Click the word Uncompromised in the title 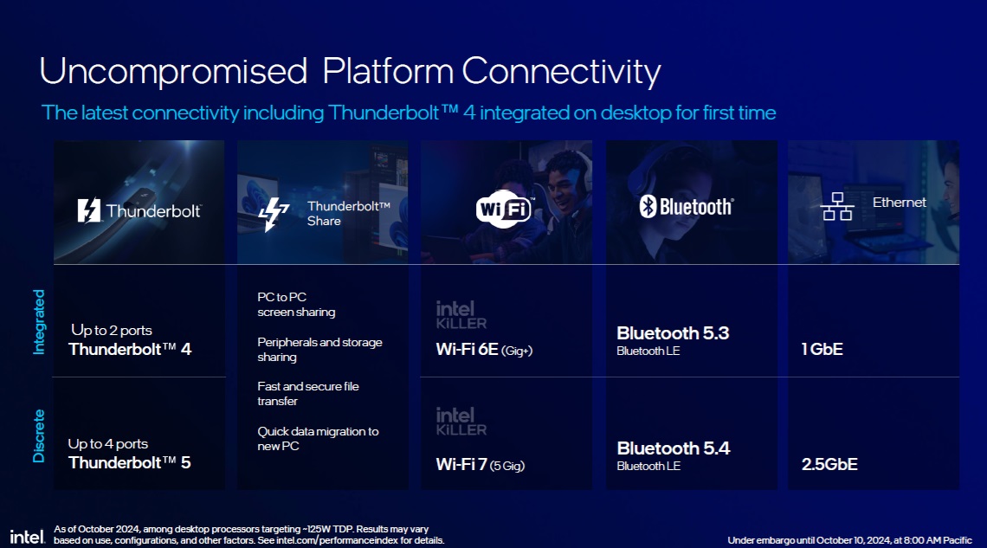173,71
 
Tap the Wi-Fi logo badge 504,209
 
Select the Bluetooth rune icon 648,206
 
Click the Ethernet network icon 837,206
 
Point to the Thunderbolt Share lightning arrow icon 274,214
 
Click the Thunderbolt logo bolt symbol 89,210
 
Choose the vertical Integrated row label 39,322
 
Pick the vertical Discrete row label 39,436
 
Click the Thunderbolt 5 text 130,463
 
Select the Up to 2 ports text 112,331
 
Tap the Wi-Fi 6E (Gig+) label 484,350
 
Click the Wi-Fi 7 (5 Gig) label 481,465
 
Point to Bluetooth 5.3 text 673,332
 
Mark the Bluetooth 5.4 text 674,448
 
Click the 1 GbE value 822,349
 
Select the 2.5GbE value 829,464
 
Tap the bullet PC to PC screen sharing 296,305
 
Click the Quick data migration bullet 318,439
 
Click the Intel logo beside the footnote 27,537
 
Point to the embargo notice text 850,540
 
